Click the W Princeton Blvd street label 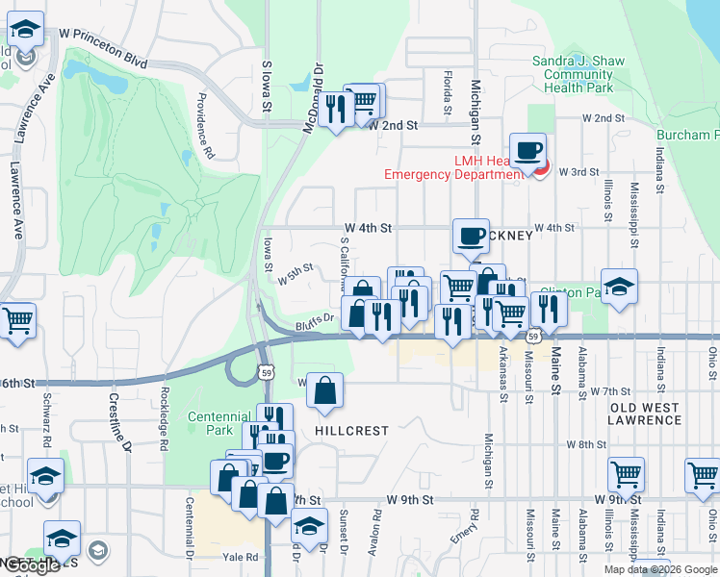click(103, 47)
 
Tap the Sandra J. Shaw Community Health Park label click(579, 74)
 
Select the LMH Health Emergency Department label click(452, 167)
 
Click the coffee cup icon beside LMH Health click(527, 151)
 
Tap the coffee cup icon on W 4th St click(471, 237)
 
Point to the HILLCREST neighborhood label click(351, 432)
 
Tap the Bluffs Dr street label click(314, 321)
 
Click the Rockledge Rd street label click(166, 418)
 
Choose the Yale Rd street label click(240, 557)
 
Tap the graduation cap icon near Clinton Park click(620, 287)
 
